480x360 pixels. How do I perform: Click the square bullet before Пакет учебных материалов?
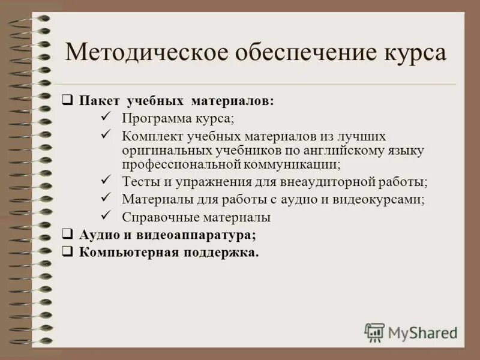click(x=68, y=100)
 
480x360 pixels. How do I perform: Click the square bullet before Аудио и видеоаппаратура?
click(x=68, y=234)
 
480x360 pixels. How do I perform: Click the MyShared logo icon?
click(x=374, y=332)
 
